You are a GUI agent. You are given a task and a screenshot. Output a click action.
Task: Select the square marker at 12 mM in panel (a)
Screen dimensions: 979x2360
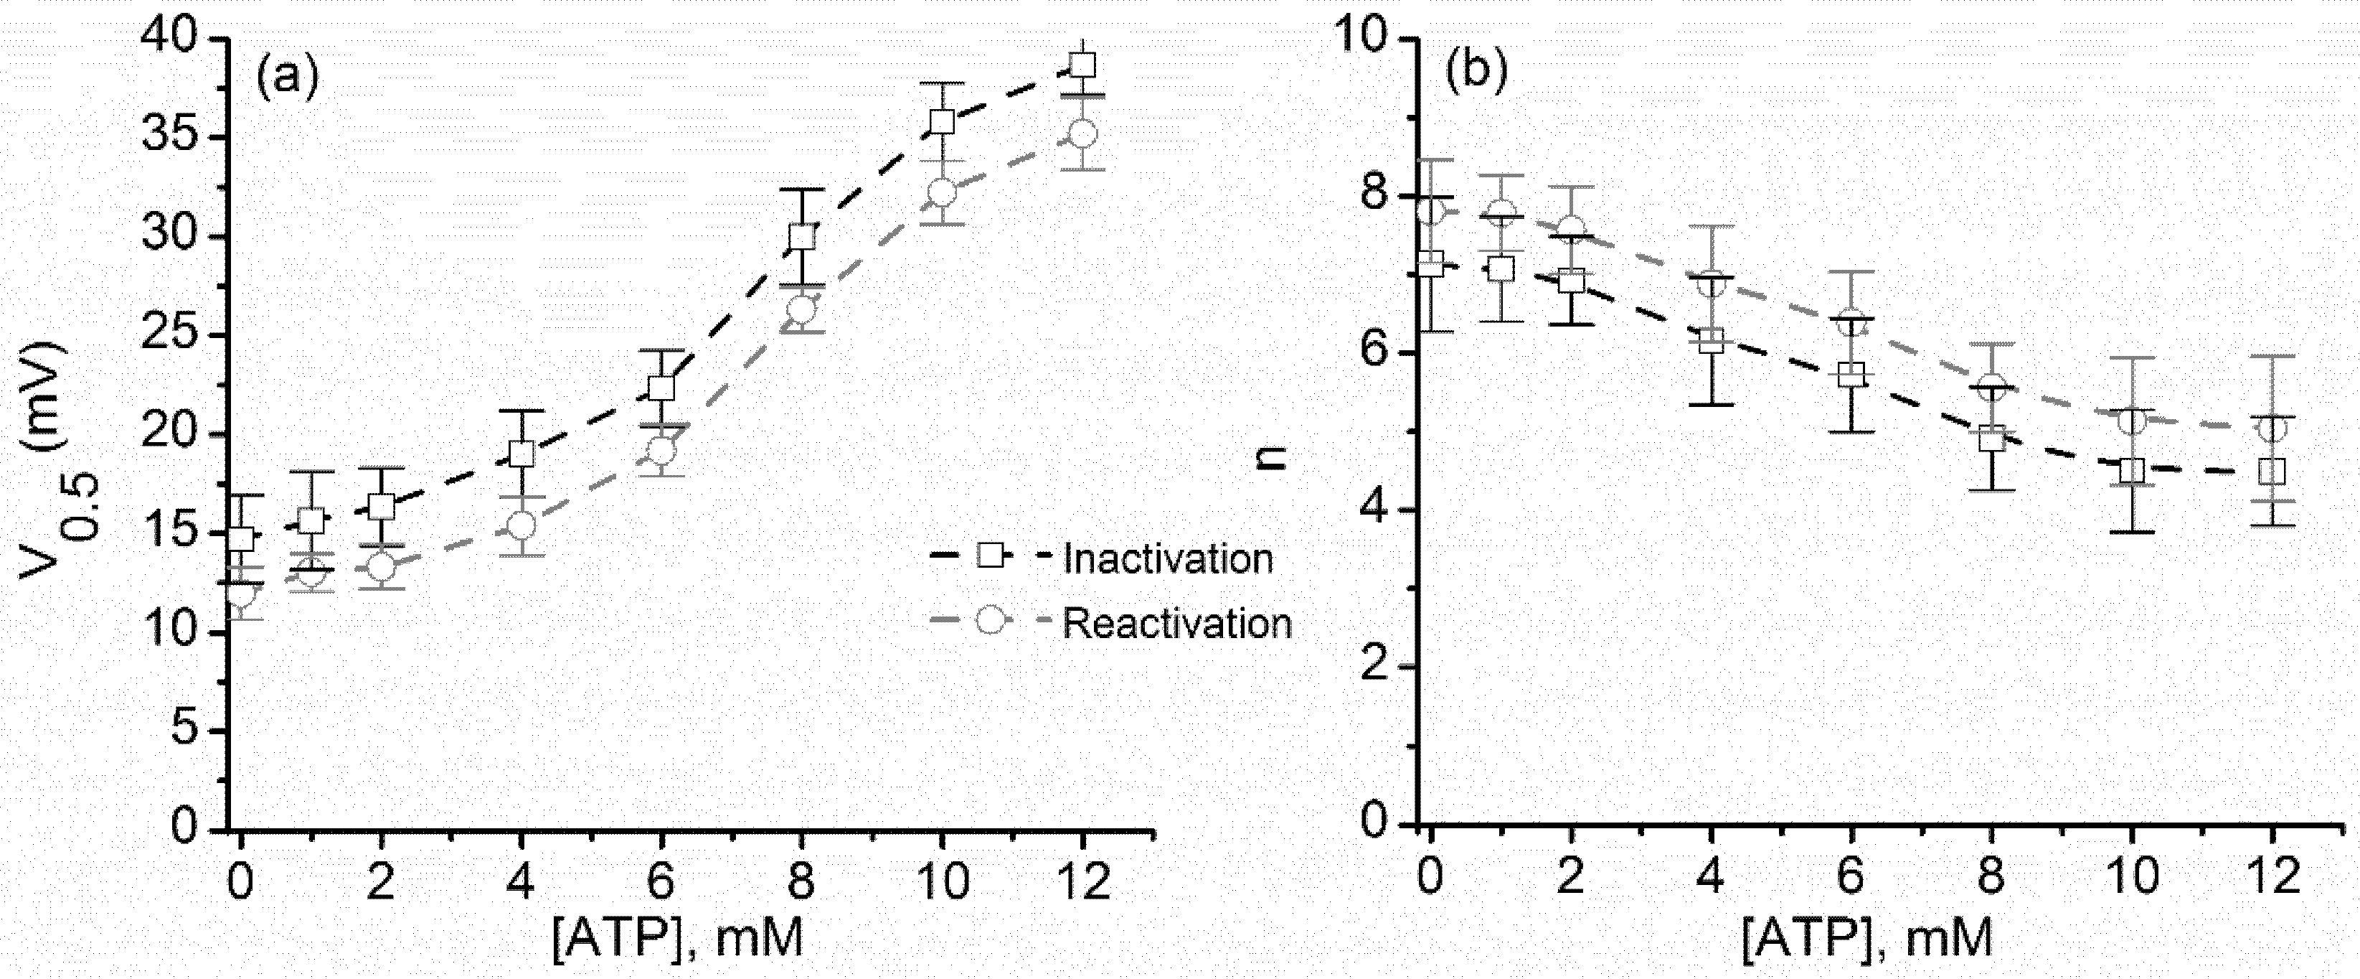(x=1083, y=65)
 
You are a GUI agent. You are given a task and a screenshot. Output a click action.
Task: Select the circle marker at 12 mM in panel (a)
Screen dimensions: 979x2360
(x=1083, y=133)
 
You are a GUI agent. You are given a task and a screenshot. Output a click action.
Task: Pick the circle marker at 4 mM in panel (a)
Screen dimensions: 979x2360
(x=520, y=525)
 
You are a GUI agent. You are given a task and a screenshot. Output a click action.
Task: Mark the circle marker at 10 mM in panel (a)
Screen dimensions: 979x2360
(x=942, y=192)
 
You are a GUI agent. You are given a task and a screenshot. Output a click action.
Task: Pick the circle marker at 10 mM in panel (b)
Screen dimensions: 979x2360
(x=2132, y=421)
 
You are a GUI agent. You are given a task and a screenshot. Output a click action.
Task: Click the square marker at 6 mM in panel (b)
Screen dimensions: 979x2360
(x=1851, y=374)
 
